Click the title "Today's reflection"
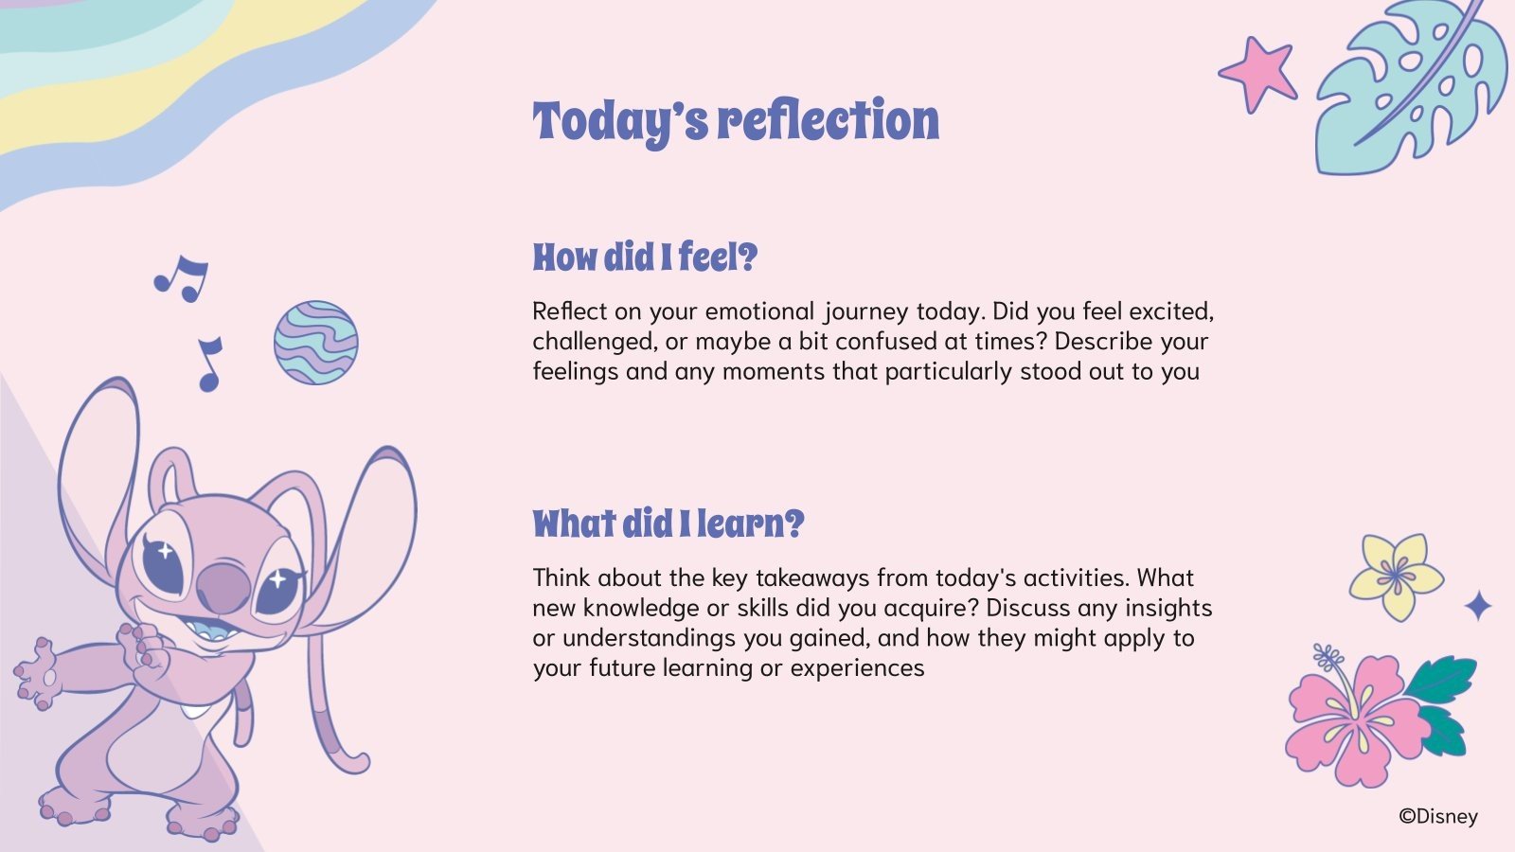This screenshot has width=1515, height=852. coord(736,122)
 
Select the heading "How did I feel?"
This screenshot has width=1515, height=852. coord(645,257)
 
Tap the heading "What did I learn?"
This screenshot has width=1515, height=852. coord(668,524)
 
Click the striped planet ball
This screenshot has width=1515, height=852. coord(316,343)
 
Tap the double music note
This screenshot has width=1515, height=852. coord(181,278)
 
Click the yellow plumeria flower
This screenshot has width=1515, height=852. coord(1396,577)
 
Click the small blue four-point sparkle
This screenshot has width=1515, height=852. coord(1478,605)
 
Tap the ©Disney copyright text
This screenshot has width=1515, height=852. coord(1438,817)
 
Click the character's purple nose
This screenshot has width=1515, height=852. coord(223,587)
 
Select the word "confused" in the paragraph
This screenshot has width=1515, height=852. coord(885,342)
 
